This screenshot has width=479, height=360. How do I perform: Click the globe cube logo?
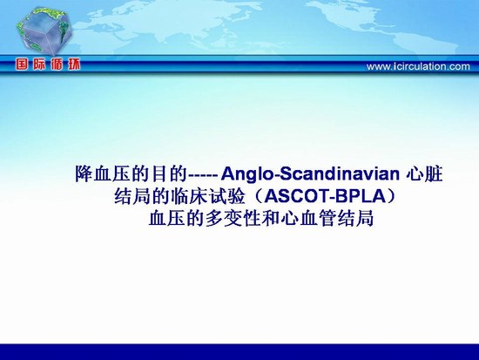pos(44,31)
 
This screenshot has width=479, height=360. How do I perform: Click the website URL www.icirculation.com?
pos(418,66)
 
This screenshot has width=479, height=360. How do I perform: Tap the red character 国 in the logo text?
pos(22,65)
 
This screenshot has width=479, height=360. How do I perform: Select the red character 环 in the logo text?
pos(74,65)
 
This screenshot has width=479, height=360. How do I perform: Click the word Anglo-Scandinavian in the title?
pos(310,174)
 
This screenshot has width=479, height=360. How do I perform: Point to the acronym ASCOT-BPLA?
pos(326,196)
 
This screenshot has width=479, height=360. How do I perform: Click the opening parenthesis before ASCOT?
pos(258,196)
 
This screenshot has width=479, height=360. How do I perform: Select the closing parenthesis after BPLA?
pos(392,196)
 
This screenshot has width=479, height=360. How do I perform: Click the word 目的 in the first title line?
pos(168,174)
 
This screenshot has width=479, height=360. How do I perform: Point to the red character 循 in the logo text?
pos(57,65)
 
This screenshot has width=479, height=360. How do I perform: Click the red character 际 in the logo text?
pos(39,65)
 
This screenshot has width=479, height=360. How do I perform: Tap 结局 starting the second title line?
pos(133,196)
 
